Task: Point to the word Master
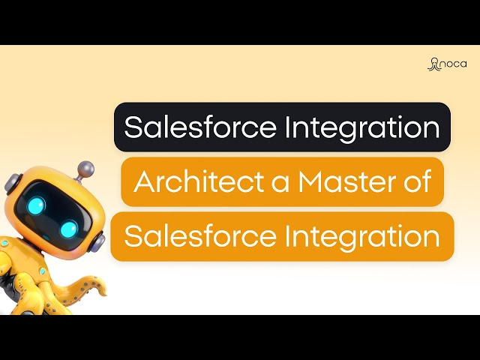pos(341,182)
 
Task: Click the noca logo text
pos(454,64)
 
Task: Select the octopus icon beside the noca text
pos(433,64)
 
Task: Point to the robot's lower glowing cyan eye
pos(69,228)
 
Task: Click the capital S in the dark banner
pos(132,127)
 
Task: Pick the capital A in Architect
pos(142,182)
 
